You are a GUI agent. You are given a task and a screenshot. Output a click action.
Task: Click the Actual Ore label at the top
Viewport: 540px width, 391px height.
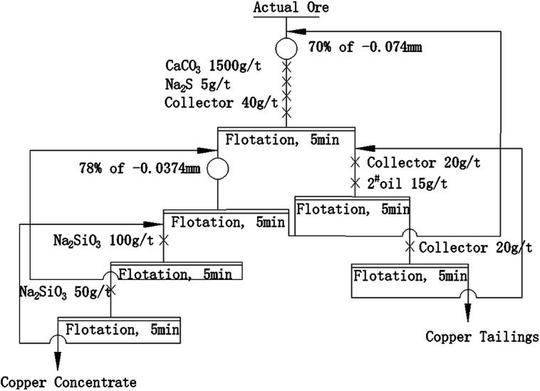coord(286,9)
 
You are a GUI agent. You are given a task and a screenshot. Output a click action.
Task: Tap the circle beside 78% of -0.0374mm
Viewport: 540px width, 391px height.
coord(217,170)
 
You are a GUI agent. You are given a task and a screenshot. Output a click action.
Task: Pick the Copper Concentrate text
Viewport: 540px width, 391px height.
coord(68,382)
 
